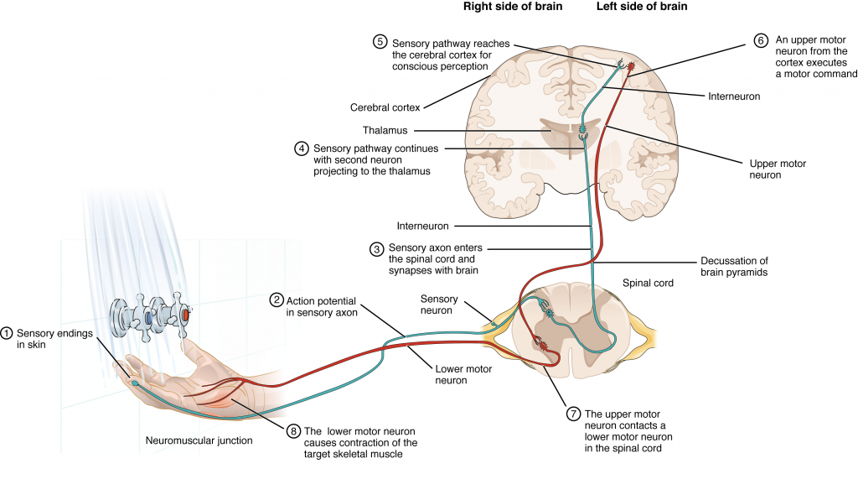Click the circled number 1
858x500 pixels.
click(x=8, y=334)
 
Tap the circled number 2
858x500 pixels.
click(x=277, y=299)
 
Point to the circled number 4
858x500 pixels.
click(x=302, y=148)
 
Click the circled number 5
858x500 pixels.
click(x=380, y=41)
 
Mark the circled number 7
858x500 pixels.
click(x=573, y=414)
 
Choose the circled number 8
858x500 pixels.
click(x=292, y=430)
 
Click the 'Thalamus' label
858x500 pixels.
click(x=385, y=130)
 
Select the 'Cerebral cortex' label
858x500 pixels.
click(x=386, y=107)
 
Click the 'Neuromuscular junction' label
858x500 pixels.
click(x=199, y=440)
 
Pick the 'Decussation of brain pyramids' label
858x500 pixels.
click(x=734, y=267)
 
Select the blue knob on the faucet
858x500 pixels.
click(x=148, y=318)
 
